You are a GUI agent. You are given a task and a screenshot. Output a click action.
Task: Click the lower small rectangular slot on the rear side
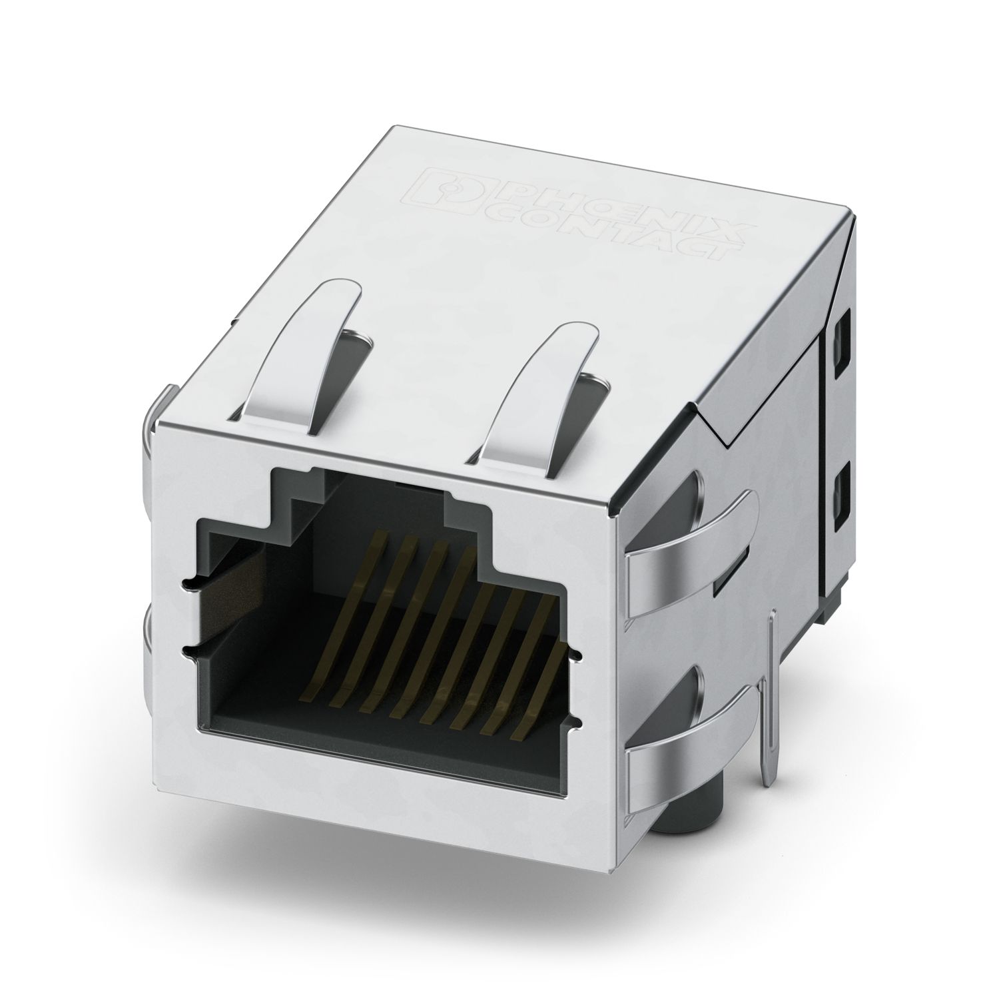[x=838, y=492]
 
